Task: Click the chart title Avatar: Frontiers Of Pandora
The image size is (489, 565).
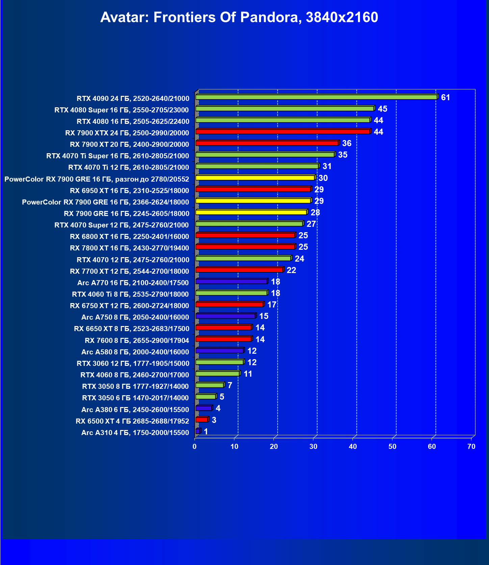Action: coord(239,17)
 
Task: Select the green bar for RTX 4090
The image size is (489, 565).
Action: coord(316,97)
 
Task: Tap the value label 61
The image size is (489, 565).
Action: coord(445,98)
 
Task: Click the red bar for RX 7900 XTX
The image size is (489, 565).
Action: coord(283,132)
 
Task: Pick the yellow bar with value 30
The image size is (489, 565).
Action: coord(255,178)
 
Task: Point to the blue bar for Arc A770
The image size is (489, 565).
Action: coord(231,281)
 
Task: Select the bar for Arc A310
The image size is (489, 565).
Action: coord(198,431)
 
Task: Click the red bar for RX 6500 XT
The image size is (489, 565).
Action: coord(202,420)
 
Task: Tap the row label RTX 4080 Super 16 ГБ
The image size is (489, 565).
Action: coord(122,110)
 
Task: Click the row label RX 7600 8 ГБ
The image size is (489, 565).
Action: coord(137,340)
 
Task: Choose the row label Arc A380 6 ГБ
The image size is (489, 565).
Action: coord(135,409)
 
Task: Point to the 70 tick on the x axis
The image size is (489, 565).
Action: coord(471,447)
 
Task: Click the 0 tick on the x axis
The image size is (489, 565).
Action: coord(195,447)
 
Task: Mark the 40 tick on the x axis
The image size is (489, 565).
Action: coord(353,447)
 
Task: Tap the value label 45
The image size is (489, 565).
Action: coord(382,109)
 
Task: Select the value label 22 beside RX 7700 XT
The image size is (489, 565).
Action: coord(291,270)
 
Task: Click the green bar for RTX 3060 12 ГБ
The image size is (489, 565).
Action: coord(220,362)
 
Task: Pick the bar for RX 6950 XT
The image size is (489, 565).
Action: coord(253,189)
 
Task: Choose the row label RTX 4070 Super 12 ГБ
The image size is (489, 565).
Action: coord(122,225)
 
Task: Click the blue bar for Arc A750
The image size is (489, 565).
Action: coord(225,316)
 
